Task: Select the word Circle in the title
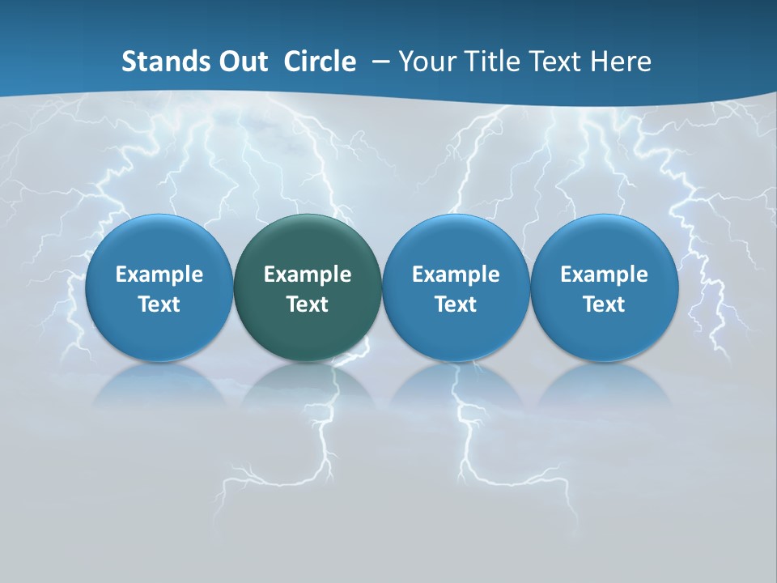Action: coord(320,62)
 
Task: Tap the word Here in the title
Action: coord(621,62)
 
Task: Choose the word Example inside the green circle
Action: coord(308,274)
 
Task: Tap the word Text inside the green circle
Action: coord(308,304)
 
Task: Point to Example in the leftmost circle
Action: coord(159,274)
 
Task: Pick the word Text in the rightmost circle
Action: coord(604,304)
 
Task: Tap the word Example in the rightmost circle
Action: coord(604,274)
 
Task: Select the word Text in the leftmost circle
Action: coord(159,304)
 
